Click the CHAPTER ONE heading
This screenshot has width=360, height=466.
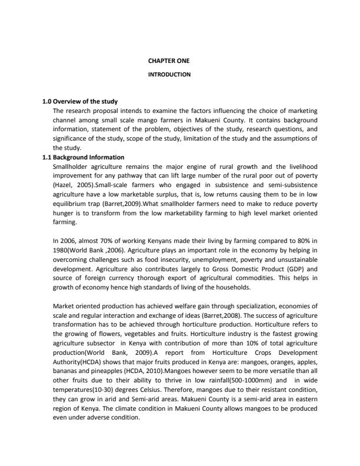(169, 61)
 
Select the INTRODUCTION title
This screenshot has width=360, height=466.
(169, 75)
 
